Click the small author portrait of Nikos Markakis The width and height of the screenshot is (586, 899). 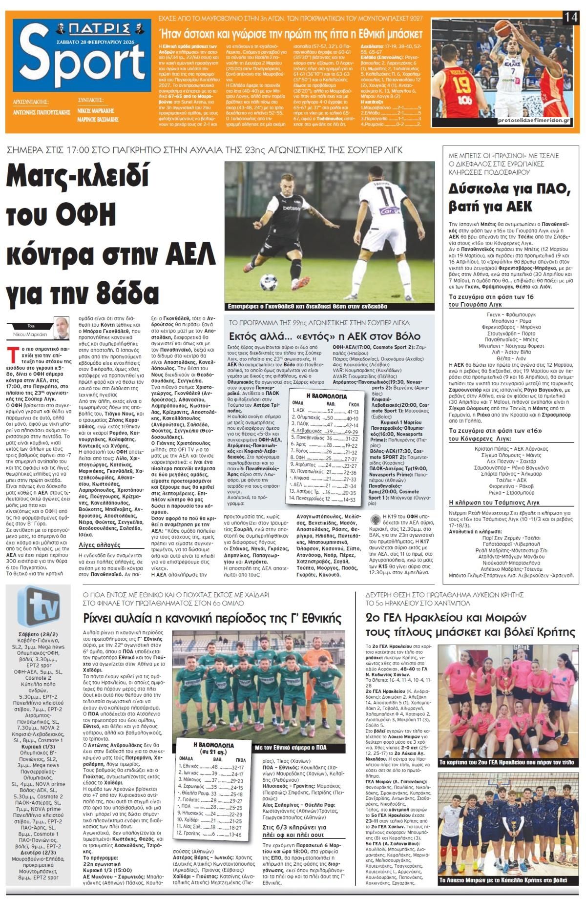coord(62,328)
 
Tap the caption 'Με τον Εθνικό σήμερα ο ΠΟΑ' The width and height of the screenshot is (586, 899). coord(291,748)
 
